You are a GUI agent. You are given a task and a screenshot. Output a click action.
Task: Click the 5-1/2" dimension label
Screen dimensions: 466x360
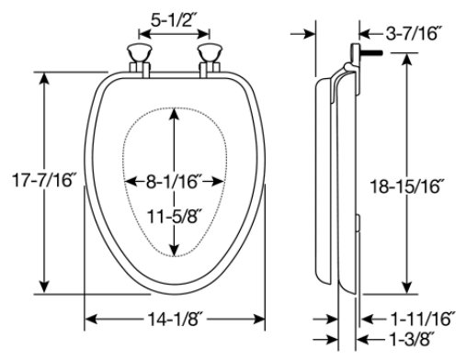click(173, 20)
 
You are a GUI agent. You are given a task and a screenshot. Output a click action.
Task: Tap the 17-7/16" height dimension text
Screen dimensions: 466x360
click(43, 180)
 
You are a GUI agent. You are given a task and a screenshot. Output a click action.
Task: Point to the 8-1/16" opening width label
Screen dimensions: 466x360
click(174, 182)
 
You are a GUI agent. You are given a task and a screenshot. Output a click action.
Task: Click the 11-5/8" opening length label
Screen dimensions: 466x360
click(175, 217)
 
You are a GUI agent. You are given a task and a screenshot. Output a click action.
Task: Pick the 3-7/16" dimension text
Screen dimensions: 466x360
click(414, 33)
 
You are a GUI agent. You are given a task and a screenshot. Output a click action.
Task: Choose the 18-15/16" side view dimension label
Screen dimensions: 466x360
click(407, 186)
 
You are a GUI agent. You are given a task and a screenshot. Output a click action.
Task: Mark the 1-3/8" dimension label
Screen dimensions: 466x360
click(412, 339)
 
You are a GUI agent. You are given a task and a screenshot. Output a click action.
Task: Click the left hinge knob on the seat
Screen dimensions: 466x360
click(140, 52)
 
